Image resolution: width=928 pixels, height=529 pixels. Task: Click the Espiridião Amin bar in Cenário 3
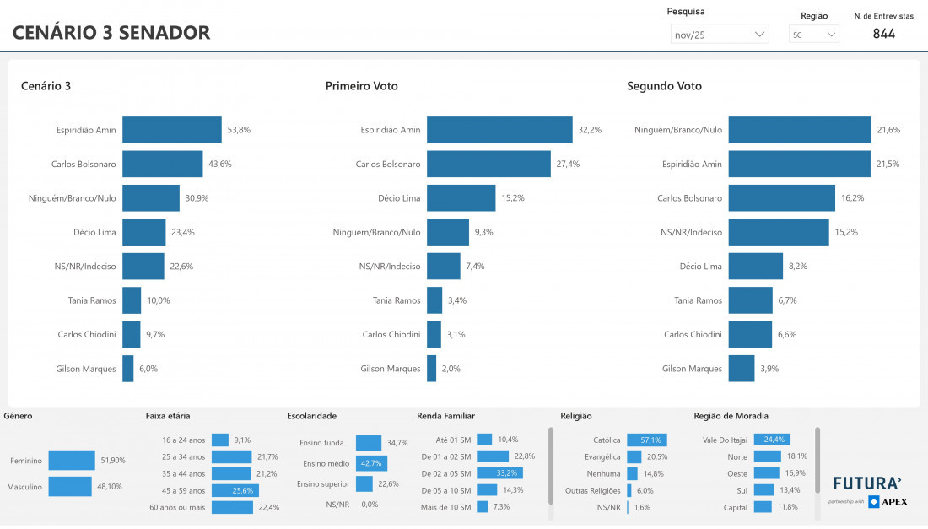171,130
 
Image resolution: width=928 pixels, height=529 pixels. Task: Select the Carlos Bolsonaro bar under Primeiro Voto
489,165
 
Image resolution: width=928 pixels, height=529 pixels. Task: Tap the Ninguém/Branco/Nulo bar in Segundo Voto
799,130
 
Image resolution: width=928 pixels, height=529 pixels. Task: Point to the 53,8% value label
239,130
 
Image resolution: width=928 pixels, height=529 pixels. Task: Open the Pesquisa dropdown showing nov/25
720,35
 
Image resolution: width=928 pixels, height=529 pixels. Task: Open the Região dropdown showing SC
814,35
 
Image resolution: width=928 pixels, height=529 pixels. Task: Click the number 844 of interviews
883,34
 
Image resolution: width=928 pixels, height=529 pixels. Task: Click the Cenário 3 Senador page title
111,33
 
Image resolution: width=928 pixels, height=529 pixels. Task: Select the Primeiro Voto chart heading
361,86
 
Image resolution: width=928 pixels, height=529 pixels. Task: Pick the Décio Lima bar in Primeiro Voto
461,198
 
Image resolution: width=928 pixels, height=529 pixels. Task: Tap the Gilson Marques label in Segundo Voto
692,369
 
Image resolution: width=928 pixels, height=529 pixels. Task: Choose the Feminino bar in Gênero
72,461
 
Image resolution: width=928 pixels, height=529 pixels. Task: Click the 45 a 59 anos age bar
235,490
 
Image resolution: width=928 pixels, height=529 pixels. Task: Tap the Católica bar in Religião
647,440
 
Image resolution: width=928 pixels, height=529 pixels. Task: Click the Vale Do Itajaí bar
771,440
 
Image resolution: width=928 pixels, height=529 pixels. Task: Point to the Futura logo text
867,484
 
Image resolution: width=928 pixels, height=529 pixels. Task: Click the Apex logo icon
874,502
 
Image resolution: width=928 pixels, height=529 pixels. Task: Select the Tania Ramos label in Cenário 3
92,300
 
